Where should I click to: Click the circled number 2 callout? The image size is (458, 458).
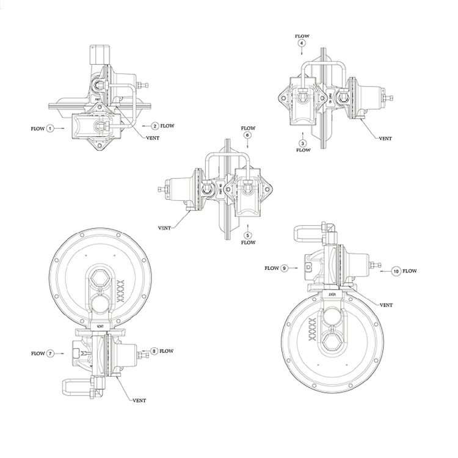pyautogui.click(x=155, y=126)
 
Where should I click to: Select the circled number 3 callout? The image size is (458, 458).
pyautogui.click(x=303, y=143)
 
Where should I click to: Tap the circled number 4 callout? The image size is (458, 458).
pyautogui.click(x=302, y=43)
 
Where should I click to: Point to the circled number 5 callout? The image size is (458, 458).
pyautogui.click(x=248, y=235)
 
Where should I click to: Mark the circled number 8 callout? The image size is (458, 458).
pyautogui.click(x=154, y=351)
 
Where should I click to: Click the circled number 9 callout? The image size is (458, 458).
pyautogui.click(x=285, y=268)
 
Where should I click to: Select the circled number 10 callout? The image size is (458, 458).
pyautogui.click(x=397, y=271)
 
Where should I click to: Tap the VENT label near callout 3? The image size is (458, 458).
pyautogui.click(x=385, y=139)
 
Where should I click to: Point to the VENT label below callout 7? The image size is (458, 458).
pyautogui.click(x=139, y=400)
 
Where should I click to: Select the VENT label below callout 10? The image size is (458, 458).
pyautogui.click(x=386, y=305)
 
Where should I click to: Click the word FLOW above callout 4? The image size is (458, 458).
pyautogui.click(x=302, y=36)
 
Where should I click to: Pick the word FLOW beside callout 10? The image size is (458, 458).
pyautogui.click(x=410, y=271)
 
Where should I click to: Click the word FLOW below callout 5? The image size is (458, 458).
pyautogui.click(x=248, y=242)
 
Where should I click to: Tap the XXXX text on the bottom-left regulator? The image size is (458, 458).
pyautogui.click(x=121, y=291)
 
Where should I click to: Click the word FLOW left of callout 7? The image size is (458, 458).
pyautogui.click(x=38, y=354)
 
